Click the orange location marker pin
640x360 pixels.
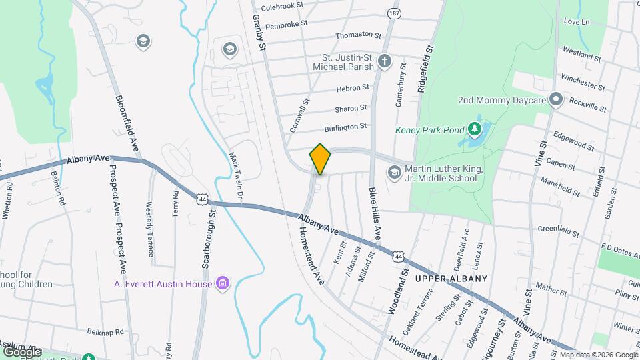pyautogui.click(x=320, y=159)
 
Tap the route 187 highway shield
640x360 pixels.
pyautogui.click(x=395, y=13)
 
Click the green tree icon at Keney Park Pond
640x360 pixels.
pyautogui.click(x=475, y=128)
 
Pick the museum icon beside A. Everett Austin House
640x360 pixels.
pyautogui.click(x=223, y=284)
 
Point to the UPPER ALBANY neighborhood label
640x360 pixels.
pyautogui.click(x=452, y=278)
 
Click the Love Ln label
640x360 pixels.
pyautogui.click(x=577, y=22)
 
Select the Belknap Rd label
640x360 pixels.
pyautogui.click(x=105, y=331)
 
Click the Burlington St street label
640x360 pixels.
pyautogui.click(x=345, y=126)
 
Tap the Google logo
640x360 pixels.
pyautogui.click(x=22, y=351)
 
